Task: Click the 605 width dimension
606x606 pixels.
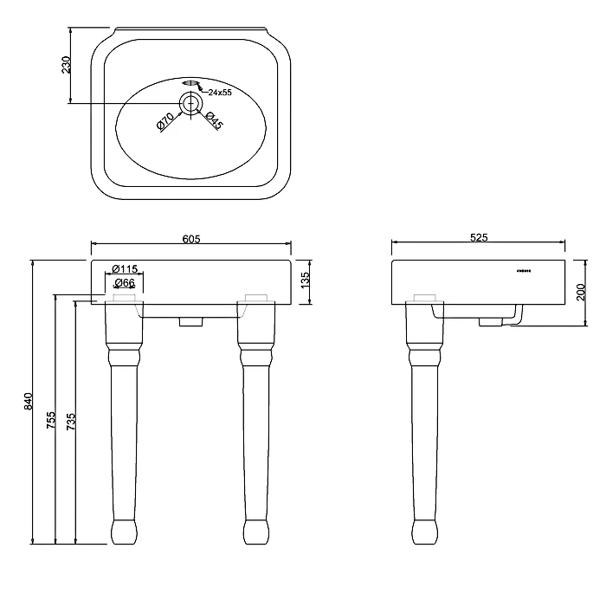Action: (192, 239)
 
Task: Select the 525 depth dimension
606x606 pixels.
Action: (479, 236)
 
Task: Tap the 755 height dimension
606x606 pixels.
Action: (51, 420)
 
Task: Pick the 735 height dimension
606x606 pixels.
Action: (72, 420)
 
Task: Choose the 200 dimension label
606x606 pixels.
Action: (581, 292)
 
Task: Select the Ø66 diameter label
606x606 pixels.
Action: (124, 283)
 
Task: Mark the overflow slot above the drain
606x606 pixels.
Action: (190, 83)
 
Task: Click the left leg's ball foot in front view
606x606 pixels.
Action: (124, 531)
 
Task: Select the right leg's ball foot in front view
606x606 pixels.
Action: (256, 531)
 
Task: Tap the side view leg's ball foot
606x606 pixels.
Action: (424, 531)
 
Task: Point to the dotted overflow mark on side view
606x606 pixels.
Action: (524, 271)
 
